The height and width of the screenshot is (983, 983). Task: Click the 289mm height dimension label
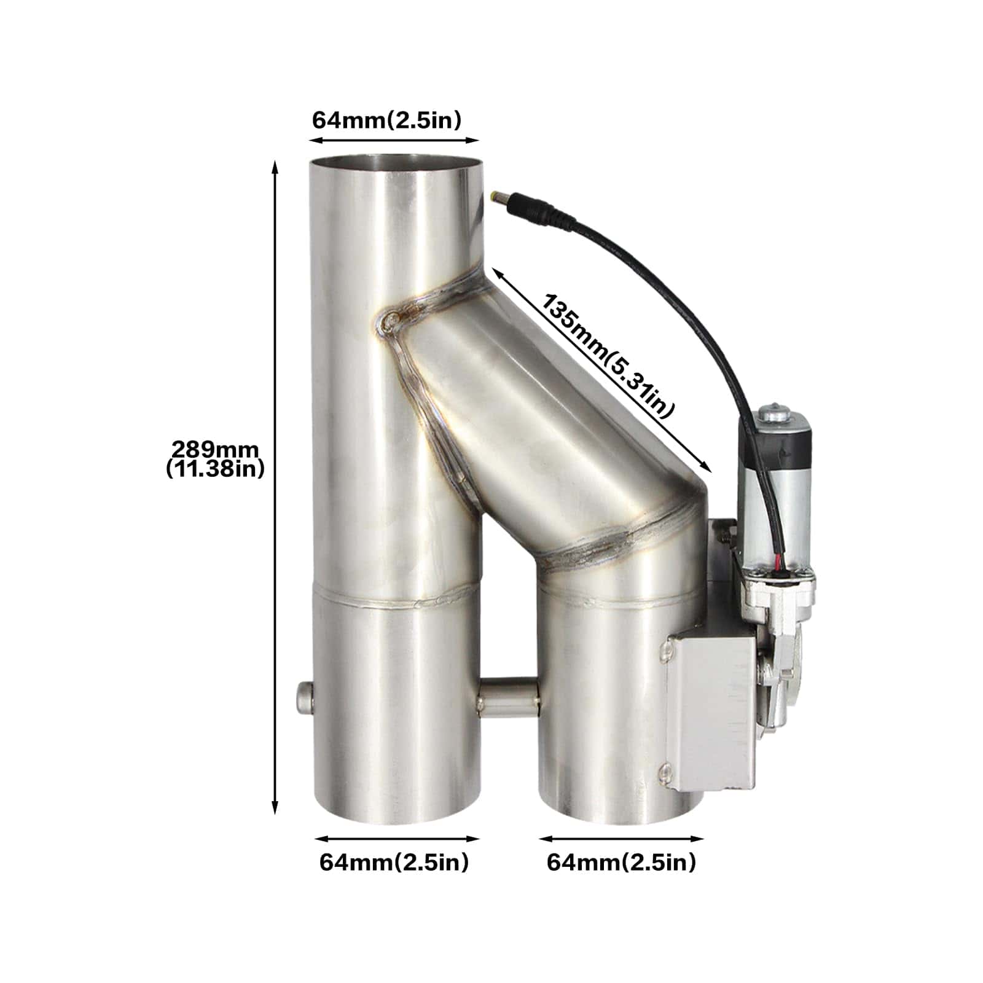(x=215, y=448)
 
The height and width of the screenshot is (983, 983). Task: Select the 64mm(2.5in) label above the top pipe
(x=386, y=120)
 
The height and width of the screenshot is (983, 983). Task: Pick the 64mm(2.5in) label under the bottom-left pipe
(x=394, y=862)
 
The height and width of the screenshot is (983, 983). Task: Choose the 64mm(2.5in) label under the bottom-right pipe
(x=622, y=862)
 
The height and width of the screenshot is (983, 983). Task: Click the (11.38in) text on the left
(x=215, y=469)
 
